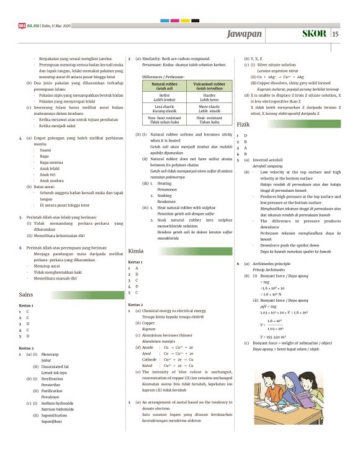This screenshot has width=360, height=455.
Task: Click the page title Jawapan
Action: tap(245, 34)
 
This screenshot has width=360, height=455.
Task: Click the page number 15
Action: tap(336, 34)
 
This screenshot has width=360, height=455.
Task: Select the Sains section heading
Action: tap(26, 294)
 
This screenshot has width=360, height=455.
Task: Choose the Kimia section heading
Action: tap(136, 251)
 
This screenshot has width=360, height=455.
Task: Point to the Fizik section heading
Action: tap(243, 125)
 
